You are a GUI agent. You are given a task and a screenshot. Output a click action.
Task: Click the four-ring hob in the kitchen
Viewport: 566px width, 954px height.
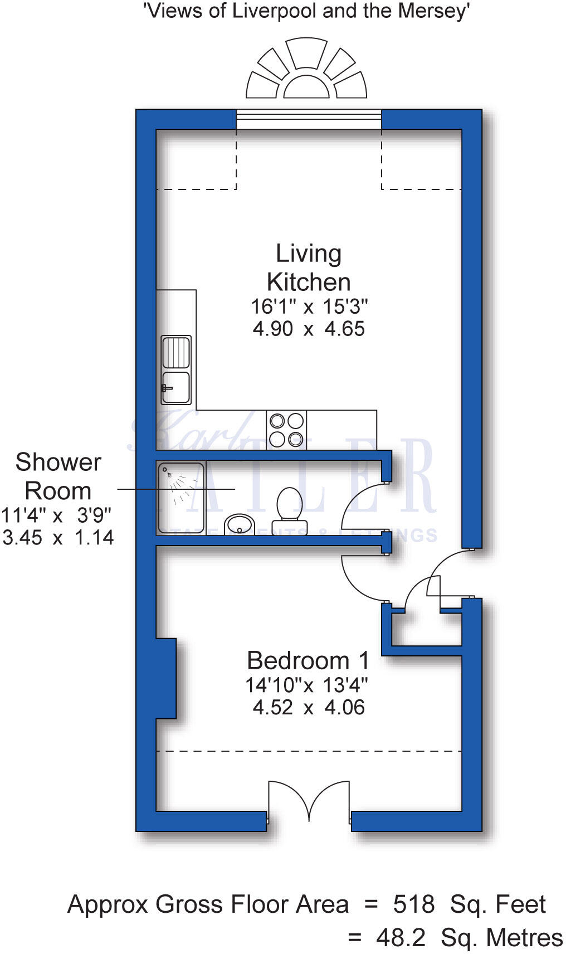point(286,429)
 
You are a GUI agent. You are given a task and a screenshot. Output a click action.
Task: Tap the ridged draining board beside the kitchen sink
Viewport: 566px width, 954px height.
point(176,352)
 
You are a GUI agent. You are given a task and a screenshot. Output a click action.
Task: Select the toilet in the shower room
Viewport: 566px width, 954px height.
point(289,508)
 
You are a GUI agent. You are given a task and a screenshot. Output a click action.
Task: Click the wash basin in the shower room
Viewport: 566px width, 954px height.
point(240,525)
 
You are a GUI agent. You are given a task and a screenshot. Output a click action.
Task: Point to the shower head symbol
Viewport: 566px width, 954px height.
point(165,470)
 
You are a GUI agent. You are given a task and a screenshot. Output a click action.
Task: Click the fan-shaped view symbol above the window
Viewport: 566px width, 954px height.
point(306,70)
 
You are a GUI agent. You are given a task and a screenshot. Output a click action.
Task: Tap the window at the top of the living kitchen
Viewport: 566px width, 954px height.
point(309,119)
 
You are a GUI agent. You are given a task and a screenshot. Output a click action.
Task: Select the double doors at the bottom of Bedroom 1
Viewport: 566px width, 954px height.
point(309,802)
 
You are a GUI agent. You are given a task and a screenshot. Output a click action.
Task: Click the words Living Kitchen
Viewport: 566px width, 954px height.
point(309,268)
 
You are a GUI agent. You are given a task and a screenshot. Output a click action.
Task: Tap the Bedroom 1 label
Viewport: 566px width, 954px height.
point(308,661)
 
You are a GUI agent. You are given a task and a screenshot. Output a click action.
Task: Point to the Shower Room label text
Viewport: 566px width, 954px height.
point(58,476)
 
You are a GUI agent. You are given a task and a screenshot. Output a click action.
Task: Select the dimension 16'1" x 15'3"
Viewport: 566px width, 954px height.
point(309,306)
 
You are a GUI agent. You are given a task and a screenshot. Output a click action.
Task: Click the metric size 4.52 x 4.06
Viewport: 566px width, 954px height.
point(309,707)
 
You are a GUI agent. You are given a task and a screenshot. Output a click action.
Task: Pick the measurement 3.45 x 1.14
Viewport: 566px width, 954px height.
point(58,538)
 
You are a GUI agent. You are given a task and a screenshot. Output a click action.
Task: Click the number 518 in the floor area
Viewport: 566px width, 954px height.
point(413,904)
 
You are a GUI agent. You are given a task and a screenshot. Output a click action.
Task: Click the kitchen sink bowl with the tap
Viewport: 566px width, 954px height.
point(176,387)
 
